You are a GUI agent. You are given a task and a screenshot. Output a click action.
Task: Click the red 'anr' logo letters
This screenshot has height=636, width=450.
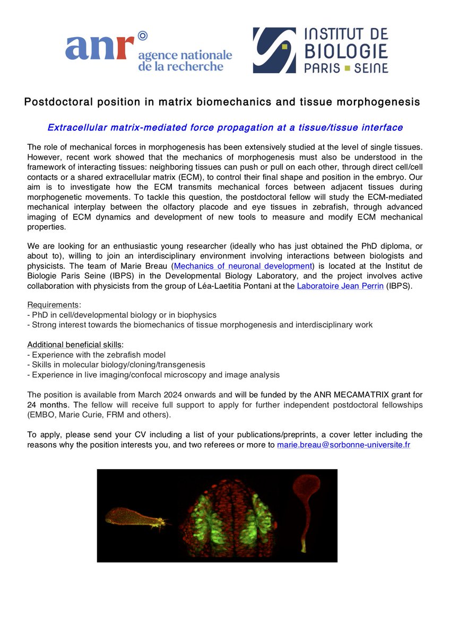(x=99, y=48)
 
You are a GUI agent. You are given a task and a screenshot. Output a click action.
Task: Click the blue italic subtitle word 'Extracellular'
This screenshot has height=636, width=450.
(x=79, y=128)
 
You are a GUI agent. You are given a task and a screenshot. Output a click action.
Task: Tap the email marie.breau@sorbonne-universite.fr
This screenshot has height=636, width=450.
(x=343, y=445)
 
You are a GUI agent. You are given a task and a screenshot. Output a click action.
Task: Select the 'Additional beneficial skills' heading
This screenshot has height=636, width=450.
(x=74, y=344)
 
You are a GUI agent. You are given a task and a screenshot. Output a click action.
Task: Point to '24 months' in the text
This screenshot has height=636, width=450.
(x=47, y=404)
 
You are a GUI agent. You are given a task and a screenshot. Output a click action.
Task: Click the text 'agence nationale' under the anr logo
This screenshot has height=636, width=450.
(x=184, y=55)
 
